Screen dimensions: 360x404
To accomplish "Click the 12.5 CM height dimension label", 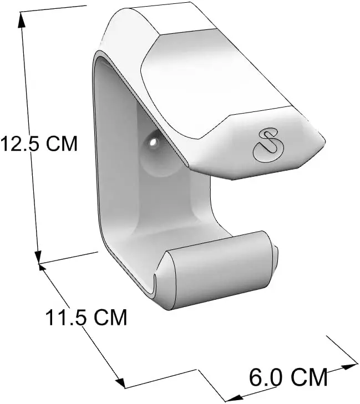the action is [x=39, y=143].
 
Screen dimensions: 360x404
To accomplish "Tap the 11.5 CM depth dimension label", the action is [x=87, y=318].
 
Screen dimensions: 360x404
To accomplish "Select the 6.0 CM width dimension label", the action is [x=288, y=377].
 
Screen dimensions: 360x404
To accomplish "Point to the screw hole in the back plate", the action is [x=154, y=142].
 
